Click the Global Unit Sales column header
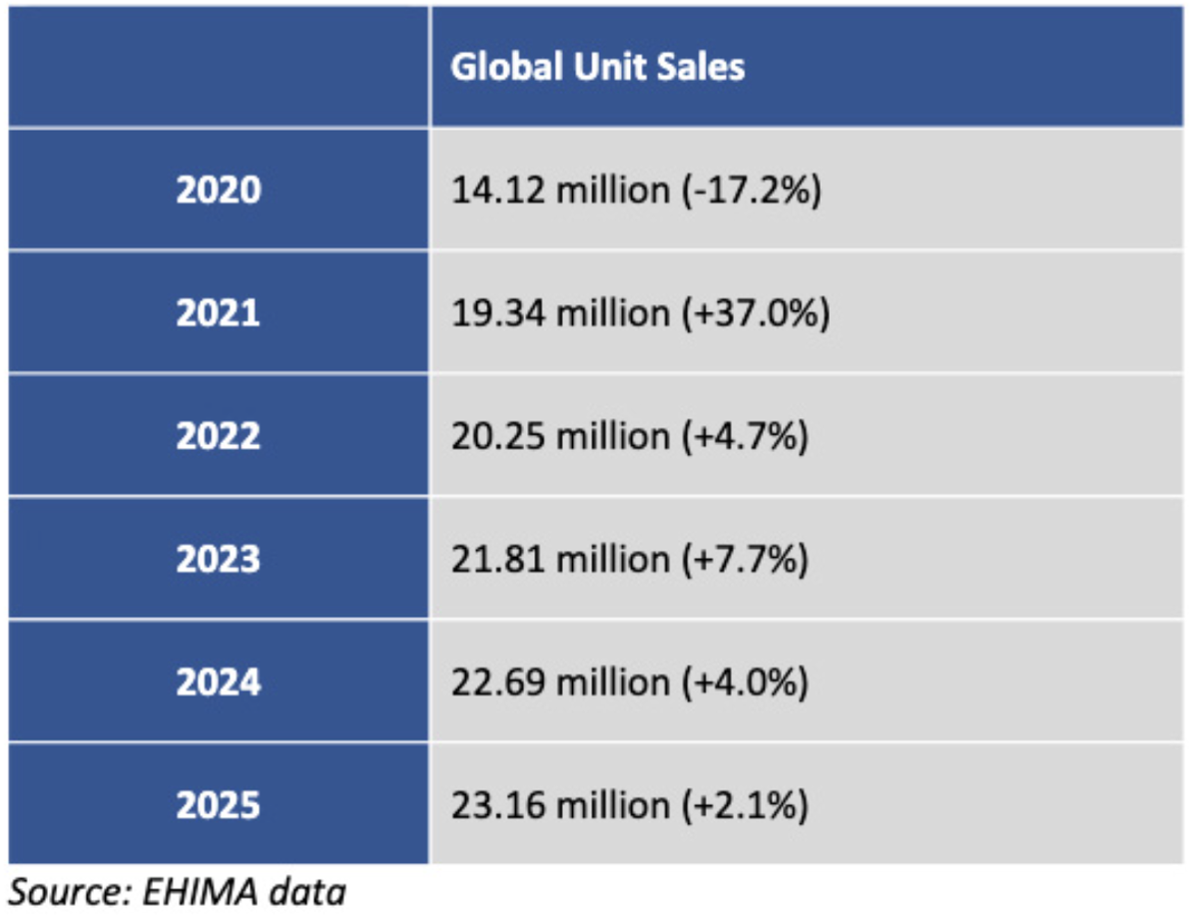pos(597,66)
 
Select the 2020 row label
pos(219,190)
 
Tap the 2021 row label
pos(219,312)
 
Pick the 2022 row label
pos(219,436)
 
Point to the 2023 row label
pos(219,559)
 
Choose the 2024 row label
pos(219,682)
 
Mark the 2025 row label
pos(219,805)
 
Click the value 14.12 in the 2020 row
pos(498,190)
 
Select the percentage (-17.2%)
pos(752,190)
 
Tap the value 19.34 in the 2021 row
pos(498,313)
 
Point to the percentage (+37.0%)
pos(755,313)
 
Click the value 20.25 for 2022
pos(498,436)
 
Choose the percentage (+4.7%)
pos(745,436)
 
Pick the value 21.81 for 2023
pos(498,559)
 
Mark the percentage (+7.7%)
pos(745,559)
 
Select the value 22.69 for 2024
pos(498,682)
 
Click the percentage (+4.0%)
pos(745,682)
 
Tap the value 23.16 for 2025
pos(498,805)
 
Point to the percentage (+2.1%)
pos(745,805)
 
